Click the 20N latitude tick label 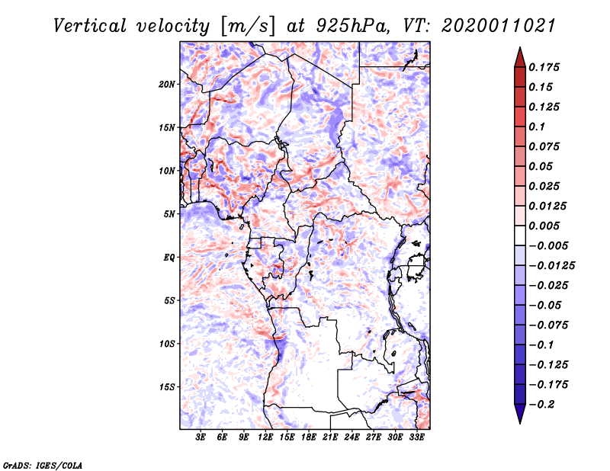click(x=167, y=84)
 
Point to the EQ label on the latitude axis click(x=169, y=258)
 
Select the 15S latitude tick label click(x=167, y=387)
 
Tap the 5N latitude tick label click(x=169, y=214)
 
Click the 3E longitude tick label click(x=201, y=437)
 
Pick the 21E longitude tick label click(x=330, y=437)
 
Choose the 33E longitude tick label click(x=416, y=437)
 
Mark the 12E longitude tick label click(x=265, y=437)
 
